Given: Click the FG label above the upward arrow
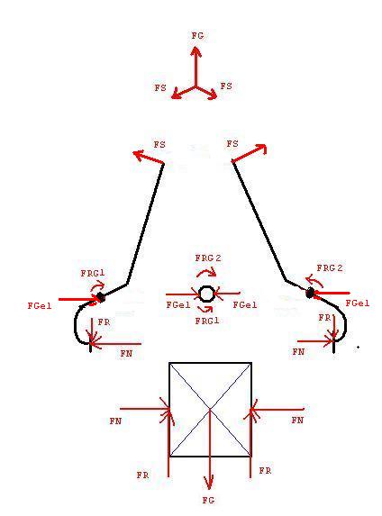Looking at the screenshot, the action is click(197, 35).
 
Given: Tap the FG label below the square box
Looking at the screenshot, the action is click(208, 500).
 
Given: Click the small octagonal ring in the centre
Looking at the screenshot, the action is click(206, 294).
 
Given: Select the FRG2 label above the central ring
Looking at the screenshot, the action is click(208, 258).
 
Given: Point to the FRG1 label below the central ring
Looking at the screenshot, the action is click(207, 321).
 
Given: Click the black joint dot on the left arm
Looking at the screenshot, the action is click(102, 297).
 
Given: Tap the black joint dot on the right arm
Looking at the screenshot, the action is click(310, 293).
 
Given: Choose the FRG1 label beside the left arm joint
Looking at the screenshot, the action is click(93, 273).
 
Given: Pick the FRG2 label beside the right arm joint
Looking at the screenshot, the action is click(330, 268).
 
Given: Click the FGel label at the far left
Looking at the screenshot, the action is click(40, 305).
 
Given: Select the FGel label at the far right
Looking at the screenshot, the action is click(358, 303).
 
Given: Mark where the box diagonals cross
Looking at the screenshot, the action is click(210, 409).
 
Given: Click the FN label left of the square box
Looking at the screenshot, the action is click(115, 421).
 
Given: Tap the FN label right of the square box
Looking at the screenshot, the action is click(297, 420).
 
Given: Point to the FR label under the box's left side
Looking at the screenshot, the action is click(143, 475).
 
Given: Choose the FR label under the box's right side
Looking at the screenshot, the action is click(265, 471).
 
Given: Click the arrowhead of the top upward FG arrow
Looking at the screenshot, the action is click(196, 51).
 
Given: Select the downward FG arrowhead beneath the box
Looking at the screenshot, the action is click(209, 482).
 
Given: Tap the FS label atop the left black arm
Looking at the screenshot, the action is click(159, 144).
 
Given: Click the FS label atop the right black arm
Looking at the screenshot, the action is click(232, 144).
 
